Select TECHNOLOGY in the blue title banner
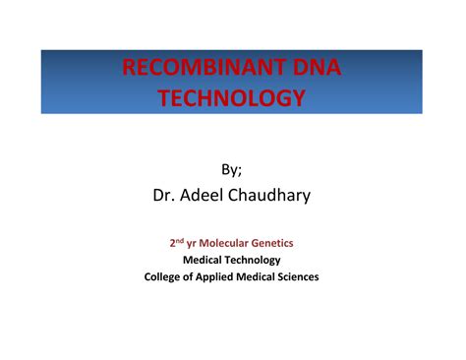(x=232, y=98)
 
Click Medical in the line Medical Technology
(x=204, y=260)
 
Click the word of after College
(x=193, y=277)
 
